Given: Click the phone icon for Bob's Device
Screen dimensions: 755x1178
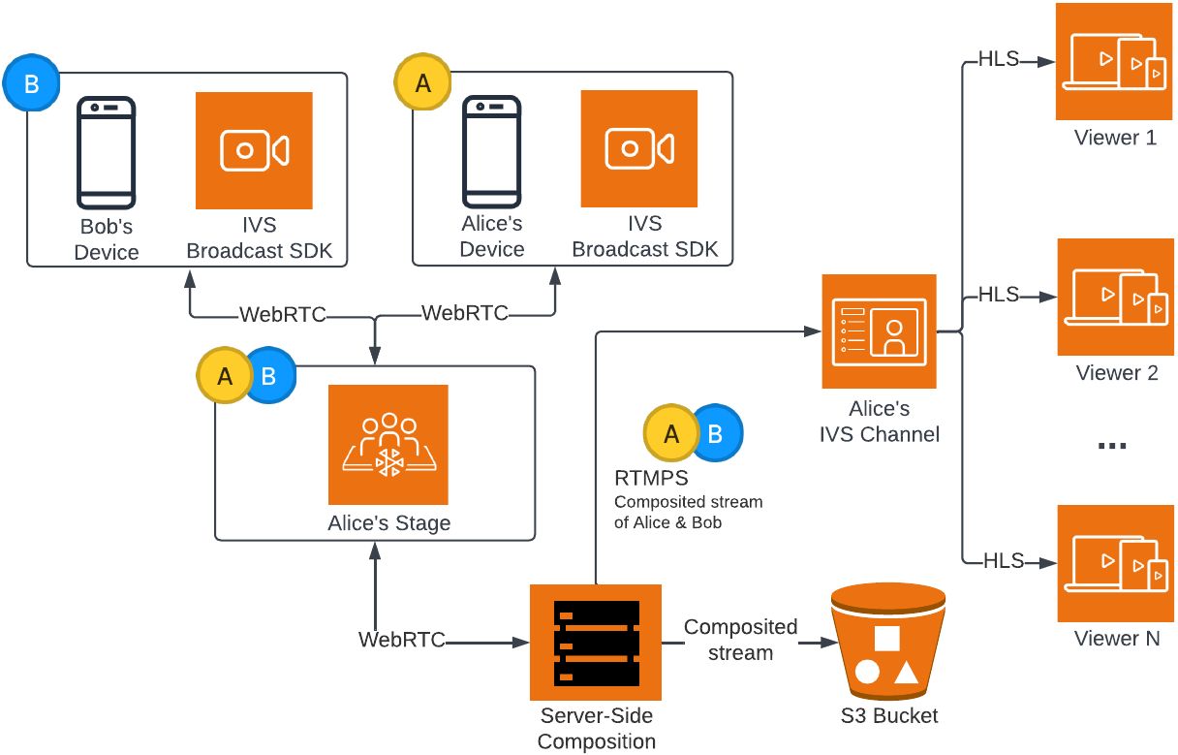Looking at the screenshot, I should coord(106,152).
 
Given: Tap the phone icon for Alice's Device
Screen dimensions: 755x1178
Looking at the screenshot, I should coord(491,151).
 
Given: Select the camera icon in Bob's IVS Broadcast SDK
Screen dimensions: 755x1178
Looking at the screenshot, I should coord(254,150).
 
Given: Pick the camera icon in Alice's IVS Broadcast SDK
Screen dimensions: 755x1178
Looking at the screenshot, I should coord(639,148).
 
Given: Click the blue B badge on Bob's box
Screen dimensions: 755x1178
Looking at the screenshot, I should coord(31,83).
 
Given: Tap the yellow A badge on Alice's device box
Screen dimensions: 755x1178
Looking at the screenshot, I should coord(422,83).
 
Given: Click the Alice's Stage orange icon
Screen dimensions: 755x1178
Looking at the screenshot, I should coord(388,444).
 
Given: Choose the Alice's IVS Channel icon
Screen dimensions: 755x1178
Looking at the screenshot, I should coord(879,331).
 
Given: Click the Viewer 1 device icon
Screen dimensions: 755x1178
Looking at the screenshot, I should coord(1113,61).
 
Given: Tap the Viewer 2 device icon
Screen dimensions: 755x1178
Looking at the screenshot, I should coord(1115,297).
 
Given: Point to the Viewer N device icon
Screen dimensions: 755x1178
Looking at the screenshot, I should coord(1115,563).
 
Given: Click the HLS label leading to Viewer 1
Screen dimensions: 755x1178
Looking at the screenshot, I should coord(999,59).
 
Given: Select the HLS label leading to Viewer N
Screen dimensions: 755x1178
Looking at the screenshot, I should coord(1003,560).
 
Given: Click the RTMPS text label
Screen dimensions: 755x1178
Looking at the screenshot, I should coord(651,478).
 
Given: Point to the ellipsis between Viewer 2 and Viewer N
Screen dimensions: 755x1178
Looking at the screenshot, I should coord(1111,446).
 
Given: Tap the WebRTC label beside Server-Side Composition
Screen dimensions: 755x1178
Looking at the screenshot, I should coord(402,640).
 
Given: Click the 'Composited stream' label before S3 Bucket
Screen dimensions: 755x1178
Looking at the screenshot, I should coord(740,640).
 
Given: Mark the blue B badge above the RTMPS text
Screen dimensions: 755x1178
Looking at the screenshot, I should coord(717,433).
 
